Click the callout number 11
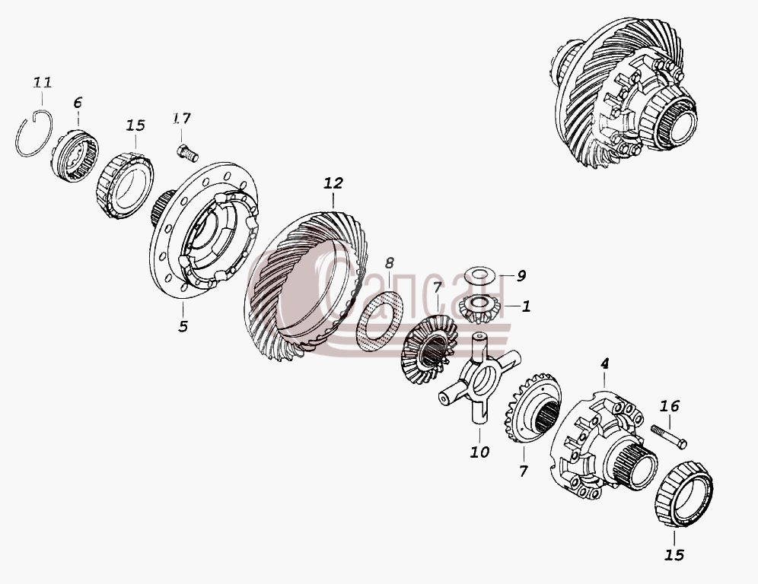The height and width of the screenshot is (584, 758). pyautogui.click(x=42, y=82)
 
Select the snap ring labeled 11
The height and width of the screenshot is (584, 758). pyautogui.click(x=17, y=140)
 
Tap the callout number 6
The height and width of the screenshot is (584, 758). pyautogui.click(x=78, y=103)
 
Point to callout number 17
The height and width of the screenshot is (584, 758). pyautogui.click(x=182, y=119)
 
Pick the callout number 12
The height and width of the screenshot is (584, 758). pyautogui.click(x=333, y=183)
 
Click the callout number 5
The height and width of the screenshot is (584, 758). pyautogui.click(x=182, y=326)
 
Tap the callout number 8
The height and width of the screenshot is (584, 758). pyautogui.click(x=389, y=263)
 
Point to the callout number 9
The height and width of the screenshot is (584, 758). pyautogui.click(x=521, y=276)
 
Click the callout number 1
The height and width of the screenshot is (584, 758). pyautogui.click(x=526, y=306)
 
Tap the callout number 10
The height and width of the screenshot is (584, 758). pyautogui.click(x=479, y=452)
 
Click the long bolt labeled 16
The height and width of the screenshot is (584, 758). pyautogui.click(x=668, y=436)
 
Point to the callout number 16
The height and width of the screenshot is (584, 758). pyautogui.click(x=670, y=406)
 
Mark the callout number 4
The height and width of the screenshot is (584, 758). pyautogui.click(x=604, y=363)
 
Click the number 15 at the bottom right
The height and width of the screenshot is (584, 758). pyautogui.click(x=674, y=555)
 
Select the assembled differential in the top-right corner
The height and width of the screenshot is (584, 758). pyautogui.click(x=623, y=94)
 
